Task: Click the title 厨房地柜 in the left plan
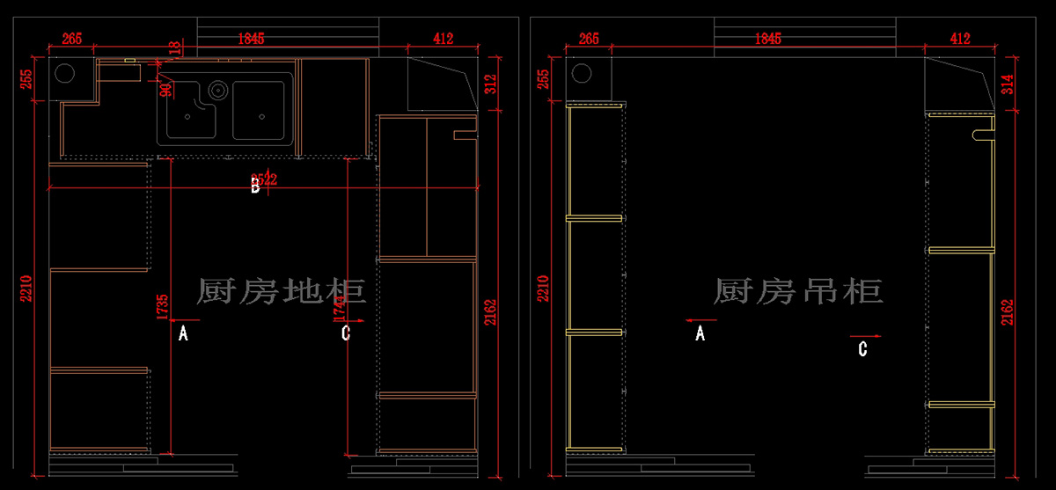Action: (282, 290)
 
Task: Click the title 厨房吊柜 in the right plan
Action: (797, 290)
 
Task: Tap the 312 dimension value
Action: (491, 84)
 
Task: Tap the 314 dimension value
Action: (1008, 84)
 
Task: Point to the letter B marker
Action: (255, 186)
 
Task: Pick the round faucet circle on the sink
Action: (217, 89)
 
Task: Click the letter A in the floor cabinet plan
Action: (183, 333)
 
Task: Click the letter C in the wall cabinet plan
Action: (863, 349)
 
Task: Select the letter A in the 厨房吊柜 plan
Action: (700, 333)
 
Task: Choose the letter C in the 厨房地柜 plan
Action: (346, 333)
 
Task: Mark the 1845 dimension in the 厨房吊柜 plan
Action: (767, 39)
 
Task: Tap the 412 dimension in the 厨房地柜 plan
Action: (443, 39)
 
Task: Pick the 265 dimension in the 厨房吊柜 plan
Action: (589, 39)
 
